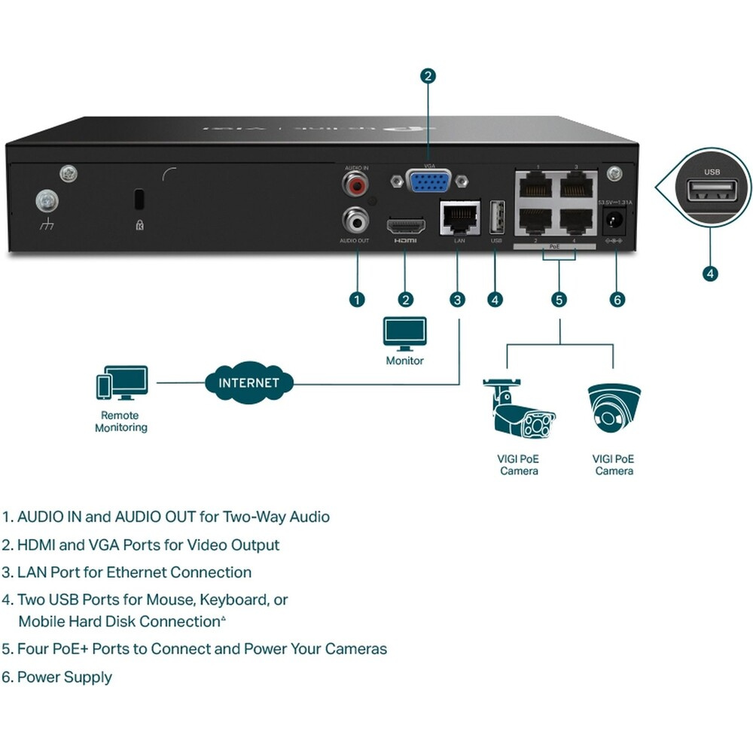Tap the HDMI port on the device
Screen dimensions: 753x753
tap(406, 225)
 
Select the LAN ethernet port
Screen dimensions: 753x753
tap(459, 218)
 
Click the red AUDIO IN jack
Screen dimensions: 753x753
tap(353, 183)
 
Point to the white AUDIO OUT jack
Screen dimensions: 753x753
tap(355, 221)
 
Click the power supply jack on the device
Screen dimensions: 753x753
tap(614, 221)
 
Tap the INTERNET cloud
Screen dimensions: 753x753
tap(248, 382)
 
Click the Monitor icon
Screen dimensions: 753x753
tap(405, 334)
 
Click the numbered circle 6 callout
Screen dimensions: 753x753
tap(617, 300)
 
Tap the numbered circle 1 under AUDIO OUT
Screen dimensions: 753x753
tap(358, 300)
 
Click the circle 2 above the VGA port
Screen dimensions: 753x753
tap(428, 75)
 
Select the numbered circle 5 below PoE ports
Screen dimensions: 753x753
tap(559, 300)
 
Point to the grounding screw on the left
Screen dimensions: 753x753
tap(47, 201)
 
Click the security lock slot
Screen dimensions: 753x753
tap(139, 200)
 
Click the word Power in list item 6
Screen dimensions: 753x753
tap(38, 677)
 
